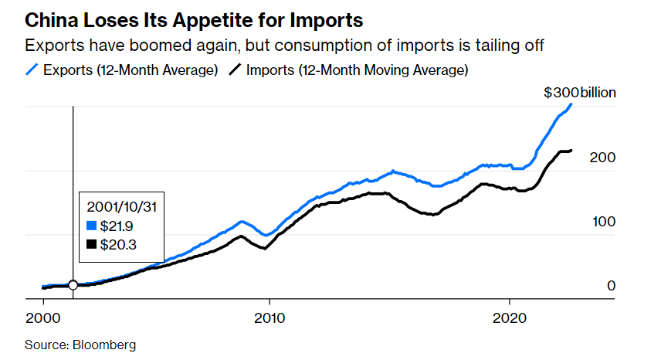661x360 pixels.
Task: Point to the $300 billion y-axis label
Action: [x=579, y=93]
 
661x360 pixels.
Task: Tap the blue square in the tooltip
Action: [x=93, y=226]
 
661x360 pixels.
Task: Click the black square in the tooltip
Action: [x=93, y=244]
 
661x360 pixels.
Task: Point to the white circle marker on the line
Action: [x=73, y=285]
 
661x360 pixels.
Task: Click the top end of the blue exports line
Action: [x=571, y=104]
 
